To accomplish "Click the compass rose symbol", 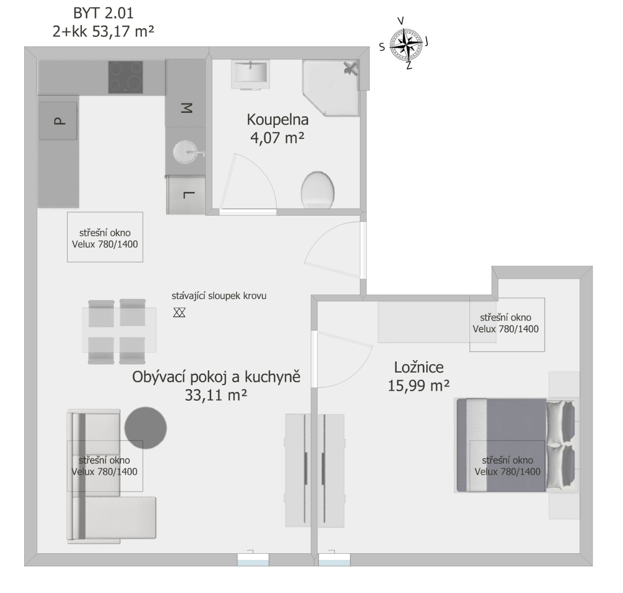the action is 406,45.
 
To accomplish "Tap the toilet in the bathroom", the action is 317,190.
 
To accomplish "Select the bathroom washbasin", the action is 250,75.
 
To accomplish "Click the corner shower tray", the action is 331,88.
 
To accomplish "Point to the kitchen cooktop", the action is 125,77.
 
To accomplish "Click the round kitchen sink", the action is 186,152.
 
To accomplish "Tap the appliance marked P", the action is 58,121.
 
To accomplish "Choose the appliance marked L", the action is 186,195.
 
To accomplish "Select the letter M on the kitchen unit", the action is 187,108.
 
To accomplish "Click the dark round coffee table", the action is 145,428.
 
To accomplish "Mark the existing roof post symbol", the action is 179,312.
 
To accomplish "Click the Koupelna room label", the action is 278,120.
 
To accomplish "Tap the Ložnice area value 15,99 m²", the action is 419,386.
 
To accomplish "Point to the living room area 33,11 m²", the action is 216,395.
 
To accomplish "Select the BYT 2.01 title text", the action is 103,13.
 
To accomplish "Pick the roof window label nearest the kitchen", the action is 105,238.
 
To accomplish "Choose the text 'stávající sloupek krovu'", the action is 219,296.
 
